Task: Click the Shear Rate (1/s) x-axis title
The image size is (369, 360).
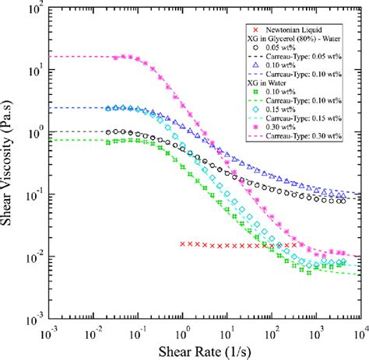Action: (202, 350)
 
